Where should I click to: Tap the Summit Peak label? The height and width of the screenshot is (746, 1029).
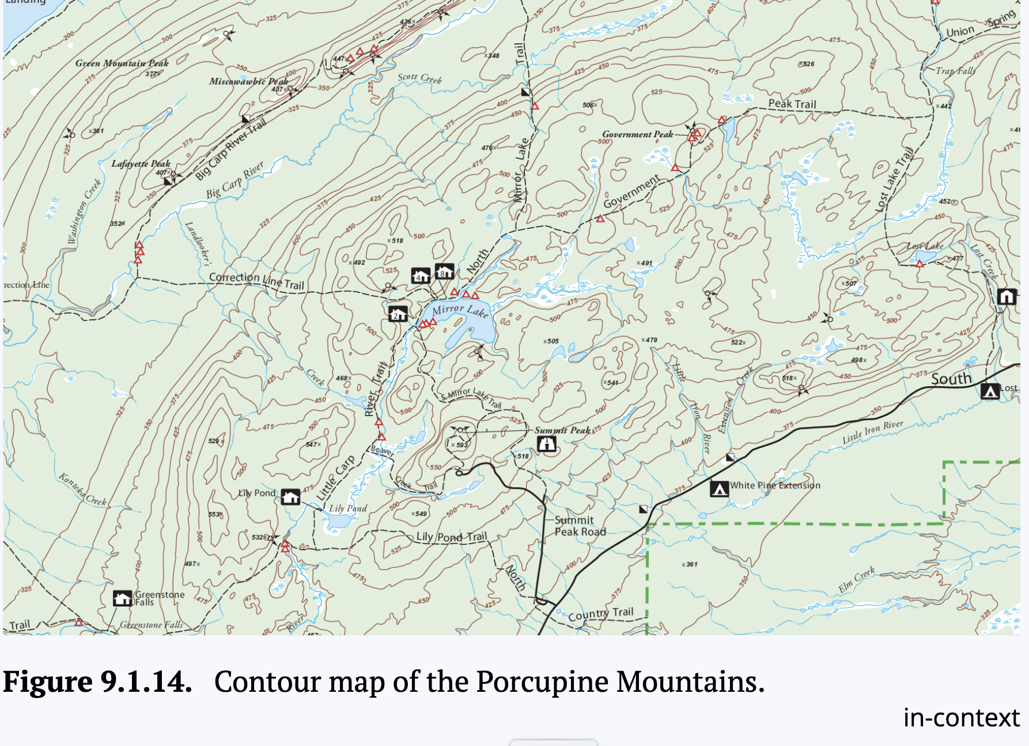pos(562,430)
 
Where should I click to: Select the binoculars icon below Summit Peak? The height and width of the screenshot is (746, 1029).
pos(546,444)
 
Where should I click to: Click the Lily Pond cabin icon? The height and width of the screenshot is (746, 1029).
pos(290,496)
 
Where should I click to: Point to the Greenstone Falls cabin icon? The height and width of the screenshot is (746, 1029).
pos(122,598)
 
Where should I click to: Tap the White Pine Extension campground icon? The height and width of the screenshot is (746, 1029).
pos(718,489)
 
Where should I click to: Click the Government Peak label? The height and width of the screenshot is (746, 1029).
pos(637,134)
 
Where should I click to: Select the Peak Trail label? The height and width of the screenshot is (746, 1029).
pos(792,104)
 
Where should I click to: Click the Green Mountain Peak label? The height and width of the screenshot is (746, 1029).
pos(122,63)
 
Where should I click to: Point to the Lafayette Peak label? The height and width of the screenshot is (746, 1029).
pos(141,164)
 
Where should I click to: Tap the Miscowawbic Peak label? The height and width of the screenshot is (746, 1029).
pos(248,81)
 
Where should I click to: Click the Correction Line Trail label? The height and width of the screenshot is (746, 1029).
pos(256,280)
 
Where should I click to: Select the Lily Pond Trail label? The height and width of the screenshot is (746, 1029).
pos(451,537)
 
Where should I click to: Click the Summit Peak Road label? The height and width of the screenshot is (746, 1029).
pos(580,526)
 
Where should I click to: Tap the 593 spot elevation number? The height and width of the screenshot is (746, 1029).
pos(462,444)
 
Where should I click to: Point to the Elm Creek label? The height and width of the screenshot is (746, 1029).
pos(856,579)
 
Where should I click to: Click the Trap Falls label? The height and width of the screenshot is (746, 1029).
pos(955,71)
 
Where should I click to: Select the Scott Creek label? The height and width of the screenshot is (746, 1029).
pos(419,78)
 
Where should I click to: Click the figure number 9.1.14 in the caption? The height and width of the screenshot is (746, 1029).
pos(146,682)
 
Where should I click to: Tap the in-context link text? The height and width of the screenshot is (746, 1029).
pos(961,718)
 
